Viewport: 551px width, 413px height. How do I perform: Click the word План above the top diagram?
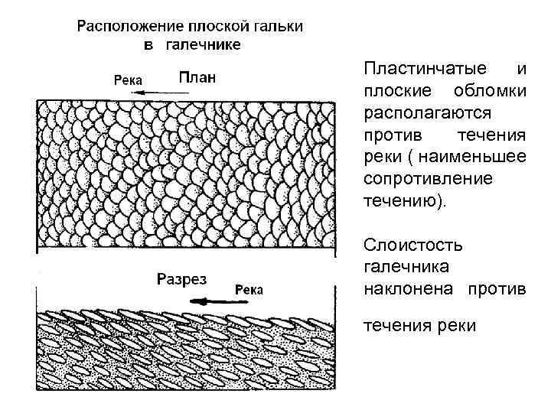click(198, 76)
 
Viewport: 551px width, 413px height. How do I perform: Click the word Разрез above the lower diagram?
click(181, 279)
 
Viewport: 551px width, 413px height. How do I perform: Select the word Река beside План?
click(129, 78)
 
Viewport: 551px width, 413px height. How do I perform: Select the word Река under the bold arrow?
click(249, 289)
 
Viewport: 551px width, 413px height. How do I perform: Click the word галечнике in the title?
click(203, 44)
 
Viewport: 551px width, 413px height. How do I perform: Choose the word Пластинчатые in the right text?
click(412, 69)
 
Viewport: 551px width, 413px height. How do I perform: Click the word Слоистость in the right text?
click(403, 246)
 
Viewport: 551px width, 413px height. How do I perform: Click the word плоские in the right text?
click(393, 92)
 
